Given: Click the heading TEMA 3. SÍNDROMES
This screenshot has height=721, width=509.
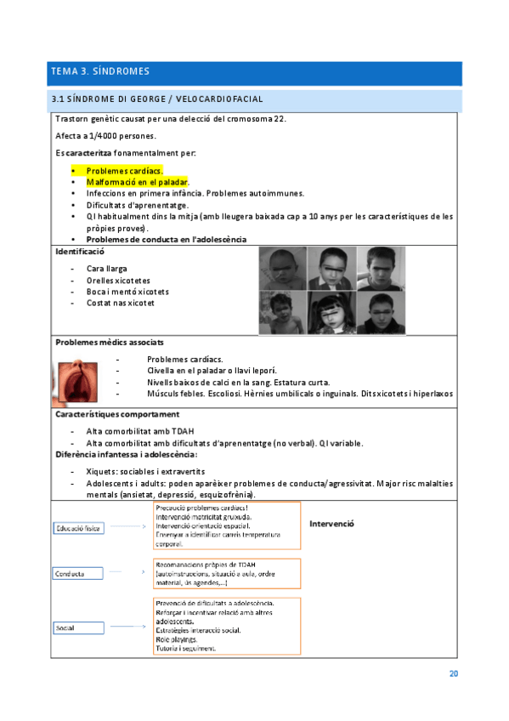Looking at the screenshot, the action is [x=100, y=72].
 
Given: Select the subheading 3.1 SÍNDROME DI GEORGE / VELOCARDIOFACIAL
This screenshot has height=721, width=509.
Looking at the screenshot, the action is [x=158, y=100].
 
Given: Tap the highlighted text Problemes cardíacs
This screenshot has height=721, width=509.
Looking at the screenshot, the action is [x=125, y=170].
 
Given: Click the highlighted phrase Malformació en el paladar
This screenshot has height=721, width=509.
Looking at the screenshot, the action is [x=137, y=182].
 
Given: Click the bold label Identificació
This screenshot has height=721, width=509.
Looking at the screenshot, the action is [x=79, y=253].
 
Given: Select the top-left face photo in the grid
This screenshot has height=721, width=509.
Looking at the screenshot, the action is [x=282, y=269].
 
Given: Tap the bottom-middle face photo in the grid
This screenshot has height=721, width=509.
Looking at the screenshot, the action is [x=331, y=313].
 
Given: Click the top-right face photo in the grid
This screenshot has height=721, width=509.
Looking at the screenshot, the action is [x=381, y=269].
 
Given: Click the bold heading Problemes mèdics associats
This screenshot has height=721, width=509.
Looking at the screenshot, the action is [x=110, y=342].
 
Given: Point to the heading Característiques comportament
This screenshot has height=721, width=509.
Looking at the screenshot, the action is [x=117, y=414].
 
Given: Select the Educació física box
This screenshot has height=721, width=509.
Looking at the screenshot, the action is [x=79, y=527].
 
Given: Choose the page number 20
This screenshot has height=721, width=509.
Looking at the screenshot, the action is [x=454, y=674].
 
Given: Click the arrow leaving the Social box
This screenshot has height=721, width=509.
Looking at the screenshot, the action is [x=127, y=627].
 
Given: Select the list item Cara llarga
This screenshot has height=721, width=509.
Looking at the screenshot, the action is [x=107, y=269].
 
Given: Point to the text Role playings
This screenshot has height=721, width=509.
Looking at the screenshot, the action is [x=177, y=639].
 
